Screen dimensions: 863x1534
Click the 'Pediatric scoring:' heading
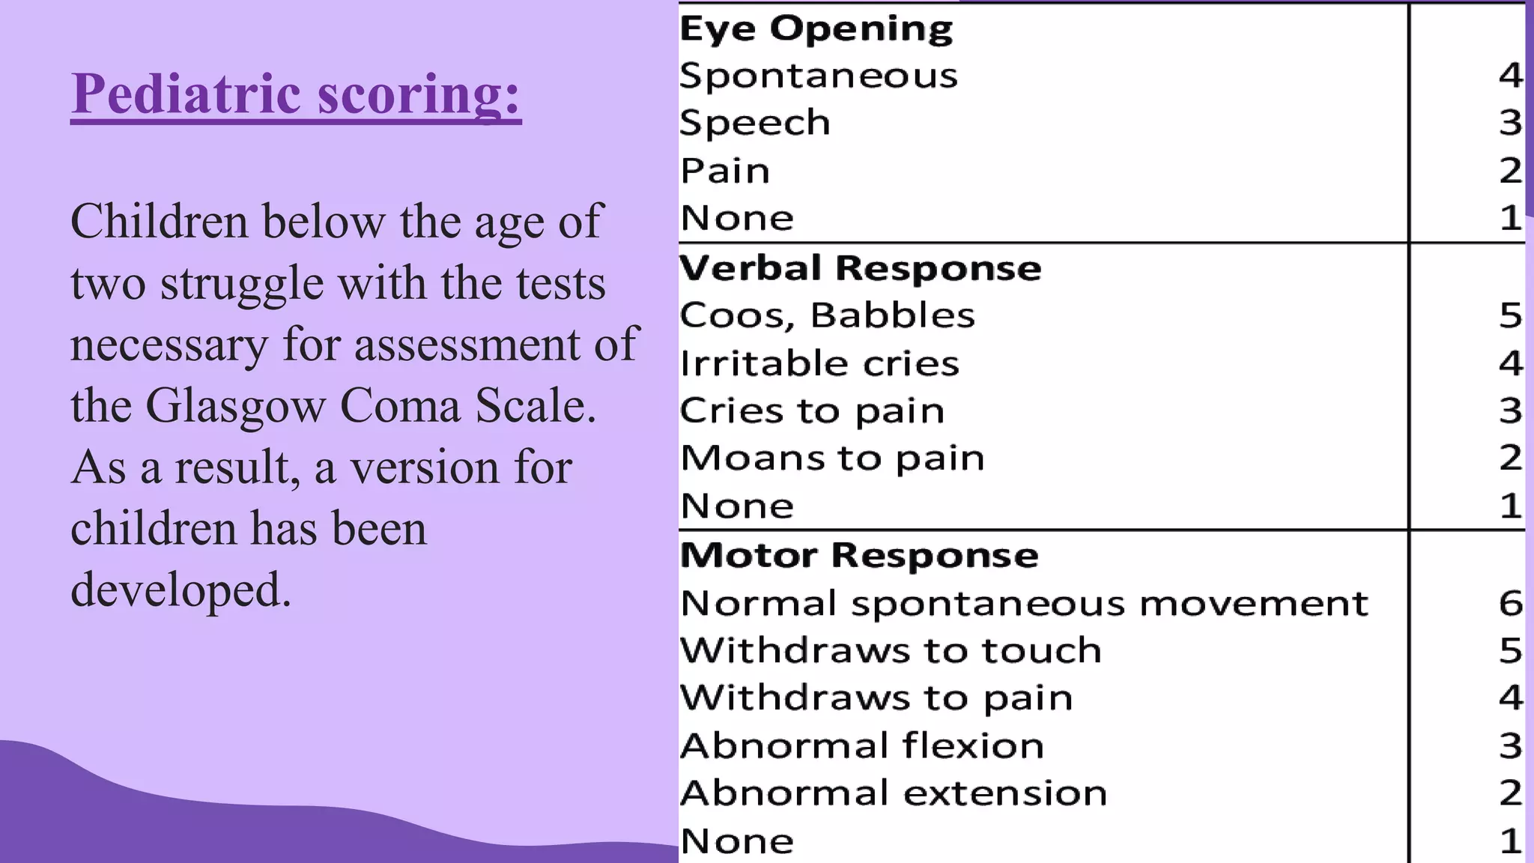click(296, 94)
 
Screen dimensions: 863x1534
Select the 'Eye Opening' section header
click(816, 28)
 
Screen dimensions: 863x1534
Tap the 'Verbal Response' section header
click(860, 268)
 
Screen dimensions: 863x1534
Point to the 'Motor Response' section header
click(859, 555)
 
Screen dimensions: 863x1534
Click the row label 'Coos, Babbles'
click(827, 315)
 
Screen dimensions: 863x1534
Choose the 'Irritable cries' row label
click(819, 363)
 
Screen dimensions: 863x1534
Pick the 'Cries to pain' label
click(812, 411)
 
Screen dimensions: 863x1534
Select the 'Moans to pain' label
click(832, 458)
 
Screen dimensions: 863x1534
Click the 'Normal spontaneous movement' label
click(1024, 603)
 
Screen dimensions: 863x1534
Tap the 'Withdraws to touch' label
click(891, 650)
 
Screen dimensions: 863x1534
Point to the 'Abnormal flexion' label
click(861, 745)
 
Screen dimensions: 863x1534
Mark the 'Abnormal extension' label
click(893, 793)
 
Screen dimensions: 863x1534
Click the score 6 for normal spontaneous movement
click(1510, 603)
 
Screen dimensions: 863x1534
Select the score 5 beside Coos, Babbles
click(1510, 315)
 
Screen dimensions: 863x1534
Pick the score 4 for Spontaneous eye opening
click(1510, 76)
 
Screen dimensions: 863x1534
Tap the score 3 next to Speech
click(1510, 123)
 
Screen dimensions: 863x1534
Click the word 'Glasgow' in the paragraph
click(235, 406)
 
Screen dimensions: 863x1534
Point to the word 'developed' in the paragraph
click(180, 590)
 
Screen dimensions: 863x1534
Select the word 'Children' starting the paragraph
click(159, 222)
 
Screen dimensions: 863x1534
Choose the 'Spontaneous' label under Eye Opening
click(818, 76)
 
